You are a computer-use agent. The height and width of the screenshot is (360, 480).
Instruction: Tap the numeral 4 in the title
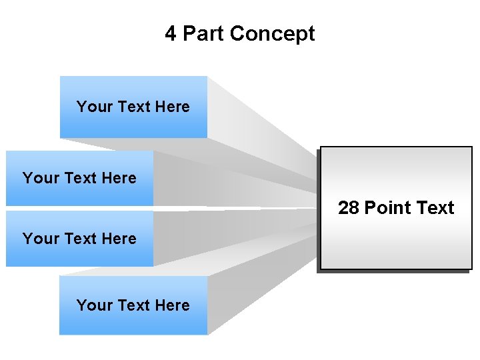(171, 33)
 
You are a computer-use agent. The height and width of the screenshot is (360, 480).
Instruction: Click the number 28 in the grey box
(348, 208)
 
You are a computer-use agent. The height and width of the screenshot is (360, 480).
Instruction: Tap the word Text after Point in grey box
(435, 208)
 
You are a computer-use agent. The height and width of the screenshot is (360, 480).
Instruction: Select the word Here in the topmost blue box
(173, 107)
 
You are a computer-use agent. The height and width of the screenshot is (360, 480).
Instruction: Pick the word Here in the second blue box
(119, 178)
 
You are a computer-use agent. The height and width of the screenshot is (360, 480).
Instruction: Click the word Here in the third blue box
(119, 239)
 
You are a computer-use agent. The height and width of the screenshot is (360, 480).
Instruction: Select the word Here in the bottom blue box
(173, 305)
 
